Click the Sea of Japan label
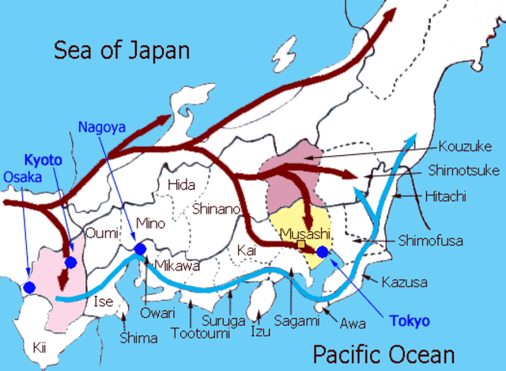click(x=122, y=51)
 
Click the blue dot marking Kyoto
click(x=71, y=262)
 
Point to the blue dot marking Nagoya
click(x=140, y=250)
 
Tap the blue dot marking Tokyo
click(x=322, y=252)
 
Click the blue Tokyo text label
click(x=410, y=321)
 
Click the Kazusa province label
click(x=404, y=282)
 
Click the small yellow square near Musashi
click(x=301, y=244)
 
